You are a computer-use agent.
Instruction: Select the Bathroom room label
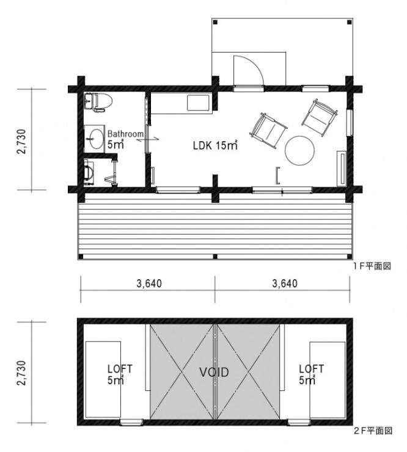pyautogui.click(x=125, y=134)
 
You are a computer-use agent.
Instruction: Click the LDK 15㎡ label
pyautogui.click(x=215, y=145)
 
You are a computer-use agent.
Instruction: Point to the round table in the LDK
pyautogui.click(x=299, y=150)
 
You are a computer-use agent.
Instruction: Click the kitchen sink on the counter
pyautogui.click(x=199, y=103)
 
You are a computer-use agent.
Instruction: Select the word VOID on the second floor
pyautogui.click(x=214, y=372)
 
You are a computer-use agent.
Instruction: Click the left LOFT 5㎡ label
pyautogui.click(x=120, y=374)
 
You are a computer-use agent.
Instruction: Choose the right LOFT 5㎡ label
pyautogui.click(x=311, y=374)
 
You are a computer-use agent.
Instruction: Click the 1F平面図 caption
pyautogui.click(x=372, y=266)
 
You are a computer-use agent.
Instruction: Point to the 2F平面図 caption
pyautogui.click(x=373, y=431)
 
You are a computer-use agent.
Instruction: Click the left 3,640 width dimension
pyautogui.click(x=149, y=283)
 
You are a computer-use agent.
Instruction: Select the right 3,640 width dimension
pyautogui.click(x=285, y=283)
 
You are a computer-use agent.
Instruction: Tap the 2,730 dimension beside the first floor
pyautogui.click(x=22, y=141)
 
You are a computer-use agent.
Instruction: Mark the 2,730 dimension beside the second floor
pyautogui.click(x=22, y=373)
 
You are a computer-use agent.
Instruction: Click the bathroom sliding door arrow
pyautogui.click(x=148, y=139)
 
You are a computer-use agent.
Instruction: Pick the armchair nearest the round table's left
pyautogui.click(x=268, y=130)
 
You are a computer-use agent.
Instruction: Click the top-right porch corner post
pyautogui.click(x=349, y=22)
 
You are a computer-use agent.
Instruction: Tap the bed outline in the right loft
pyautogui.click(x=328, y=380)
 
